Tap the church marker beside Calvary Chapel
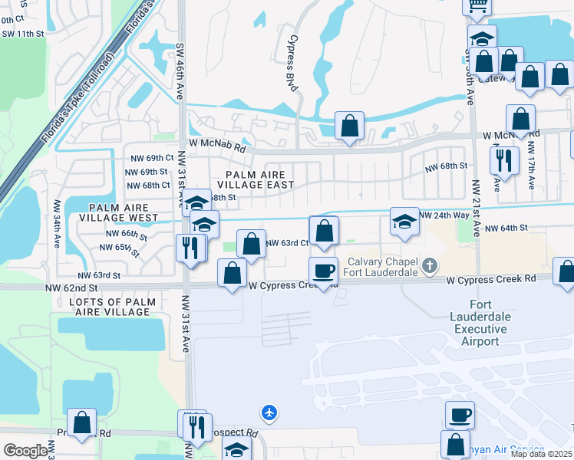pos(430,267)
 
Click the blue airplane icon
pos(269,412)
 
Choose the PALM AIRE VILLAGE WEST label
pos(129,212)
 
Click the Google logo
pos(25,450)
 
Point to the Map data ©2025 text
pos(541,454)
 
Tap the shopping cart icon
pos(477,6)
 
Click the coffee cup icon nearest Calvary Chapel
pos(323,271)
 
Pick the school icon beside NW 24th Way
pos(404,222)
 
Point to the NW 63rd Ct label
pos(287,243)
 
